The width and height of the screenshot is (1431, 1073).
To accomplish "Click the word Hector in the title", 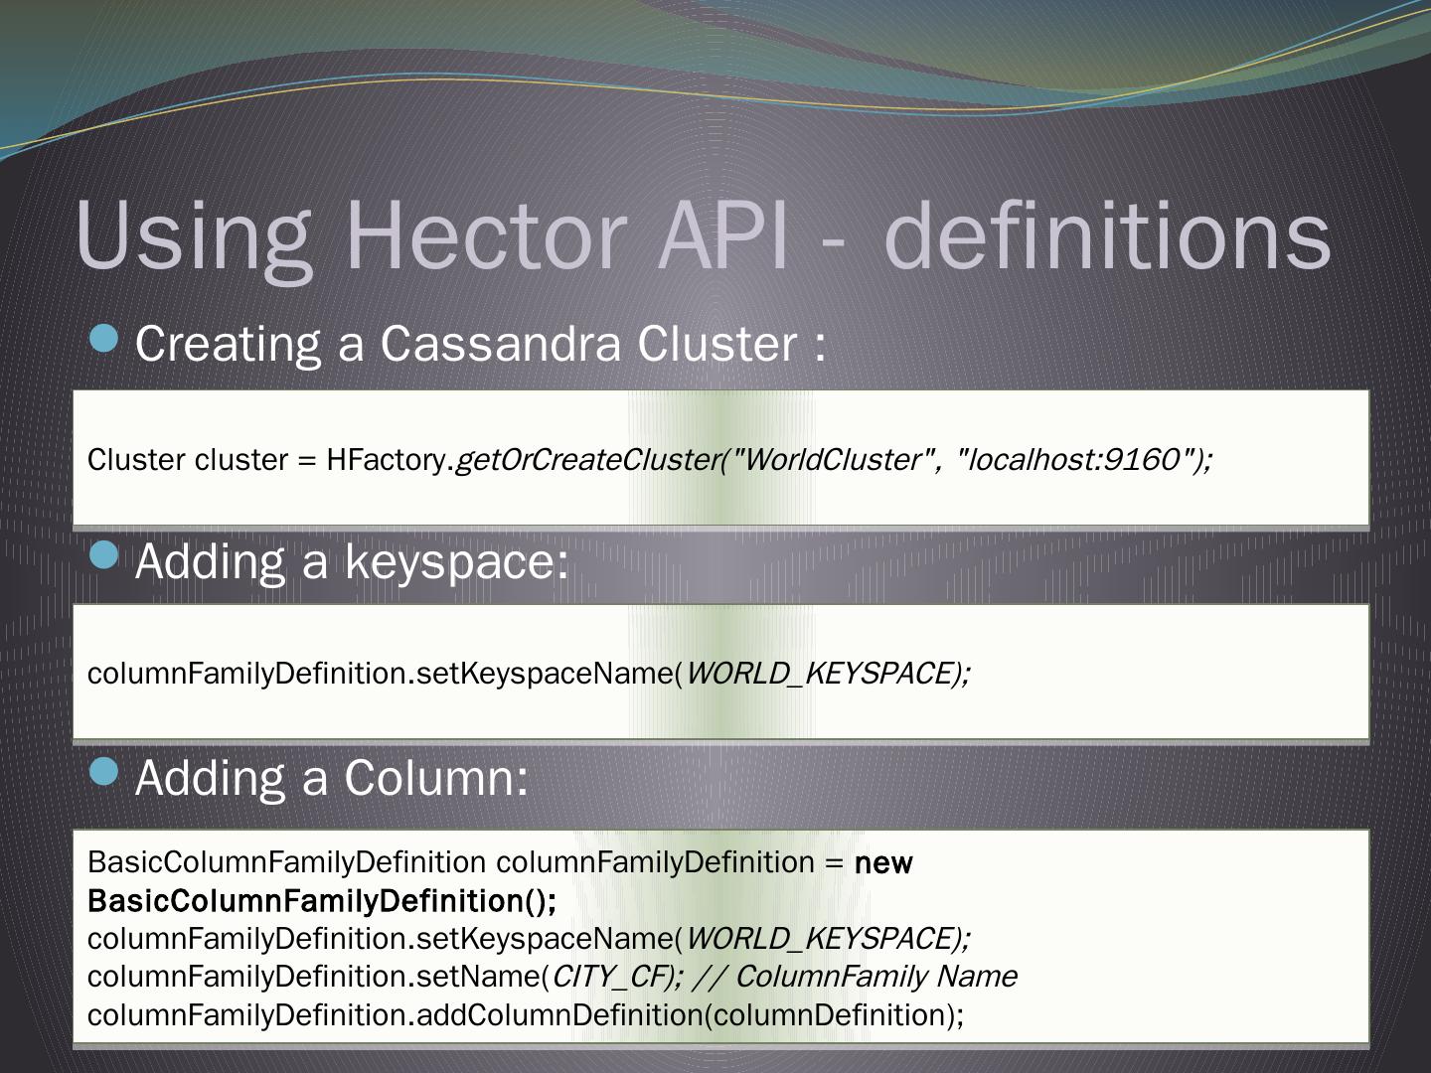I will tap(485, 235).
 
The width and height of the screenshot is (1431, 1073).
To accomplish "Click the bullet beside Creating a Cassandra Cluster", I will tap(103, 340).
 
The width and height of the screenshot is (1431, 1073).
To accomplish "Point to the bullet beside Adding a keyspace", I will tap(103, 556).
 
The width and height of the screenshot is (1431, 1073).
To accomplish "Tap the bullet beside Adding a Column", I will tap(103, 772).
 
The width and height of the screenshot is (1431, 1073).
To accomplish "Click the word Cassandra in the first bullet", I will tap(501, 344).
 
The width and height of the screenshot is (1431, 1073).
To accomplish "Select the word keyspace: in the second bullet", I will tap(457, 561).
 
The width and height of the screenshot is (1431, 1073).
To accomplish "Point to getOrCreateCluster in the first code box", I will tap(586, 460).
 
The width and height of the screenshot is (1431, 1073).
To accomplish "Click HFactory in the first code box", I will tap(386, 460).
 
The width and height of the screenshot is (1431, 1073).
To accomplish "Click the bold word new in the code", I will tap(883, 863).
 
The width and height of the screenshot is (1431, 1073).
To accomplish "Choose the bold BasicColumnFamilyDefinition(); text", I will tap(322, 901).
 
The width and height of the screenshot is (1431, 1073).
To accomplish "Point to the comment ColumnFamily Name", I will tap(875, 977).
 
